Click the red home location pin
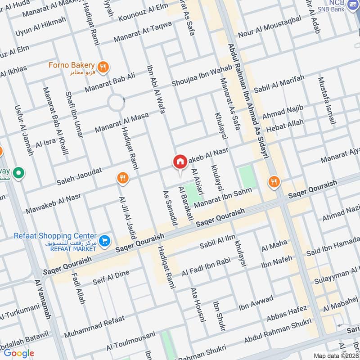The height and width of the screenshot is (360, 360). click(180, 162)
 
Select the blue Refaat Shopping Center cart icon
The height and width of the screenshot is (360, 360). click(104, 241)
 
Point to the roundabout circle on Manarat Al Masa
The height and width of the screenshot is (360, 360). click(116, 103)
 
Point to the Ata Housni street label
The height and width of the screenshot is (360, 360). click(198, 305)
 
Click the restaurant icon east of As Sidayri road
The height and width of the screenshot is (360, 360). click(274, 182)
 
